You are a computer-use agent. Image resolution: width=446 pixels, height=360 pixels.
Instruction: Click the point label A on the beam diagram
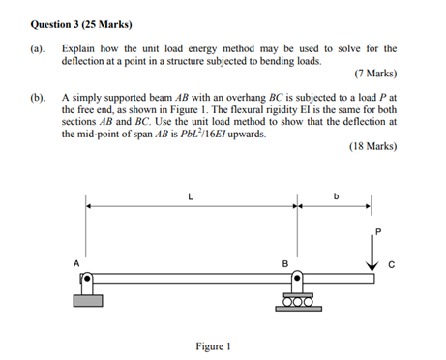point(74,263)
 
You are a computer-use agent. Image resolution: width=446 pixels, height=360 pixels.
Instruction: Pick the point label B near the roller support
point(284,263)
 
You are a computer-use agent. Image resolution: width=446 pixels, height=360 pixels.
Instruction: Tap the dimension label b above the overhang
point(337,196)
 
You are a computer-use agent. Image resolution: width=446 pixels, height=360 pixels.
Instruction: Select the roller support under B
point(296,294)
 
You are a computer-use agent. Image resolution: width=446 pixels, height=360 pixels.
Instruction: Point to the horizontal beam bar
point(232,278)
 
